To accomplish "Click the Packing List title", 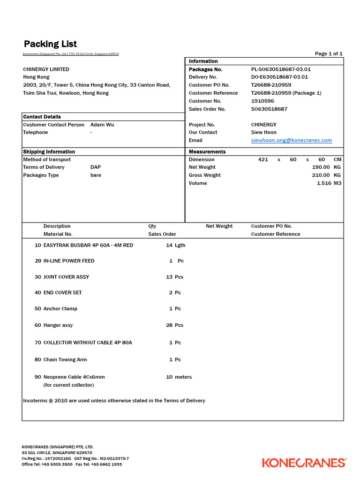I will click(x=50, y=45).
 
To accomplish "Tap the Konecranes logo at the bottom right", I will click(x=304, y=463).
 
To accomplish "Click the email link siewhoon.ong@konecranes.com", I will click(x=291, y=140).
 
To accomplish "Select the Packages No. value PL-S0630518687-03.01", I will click(x=281, y=69).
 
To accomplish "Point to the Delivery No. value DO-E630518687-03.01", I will click(x=279, y=77).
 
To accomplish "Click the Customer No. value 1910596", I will click(x=262, y=101).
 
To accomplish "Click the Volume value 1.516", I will click(x=324, y=183).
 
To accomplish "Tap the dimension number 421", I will click(x=263, y=159).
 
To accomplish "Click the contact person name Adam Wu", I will click(x=102, y=125).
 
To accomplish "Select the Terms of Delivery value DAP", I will click(x=95, y=167).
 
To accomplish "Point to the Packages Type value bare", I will click(x=96, y=175).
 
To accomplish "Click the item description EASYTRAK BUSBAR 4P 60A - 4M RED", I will click(x=88, y=245).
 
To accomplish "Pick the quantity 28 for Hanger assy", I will click(x=169, y=325).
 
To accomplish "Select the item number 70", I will click(x=37, y=343).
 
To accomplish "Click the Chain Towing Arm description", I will click(x=65, y=360).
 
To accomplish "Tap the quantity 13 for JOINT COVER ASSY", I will click(x=169, y=277).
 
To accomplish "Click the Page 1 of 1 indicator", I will click(x=329, y=53).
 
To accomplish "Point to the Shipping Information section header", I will click(x=49, y=152).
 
